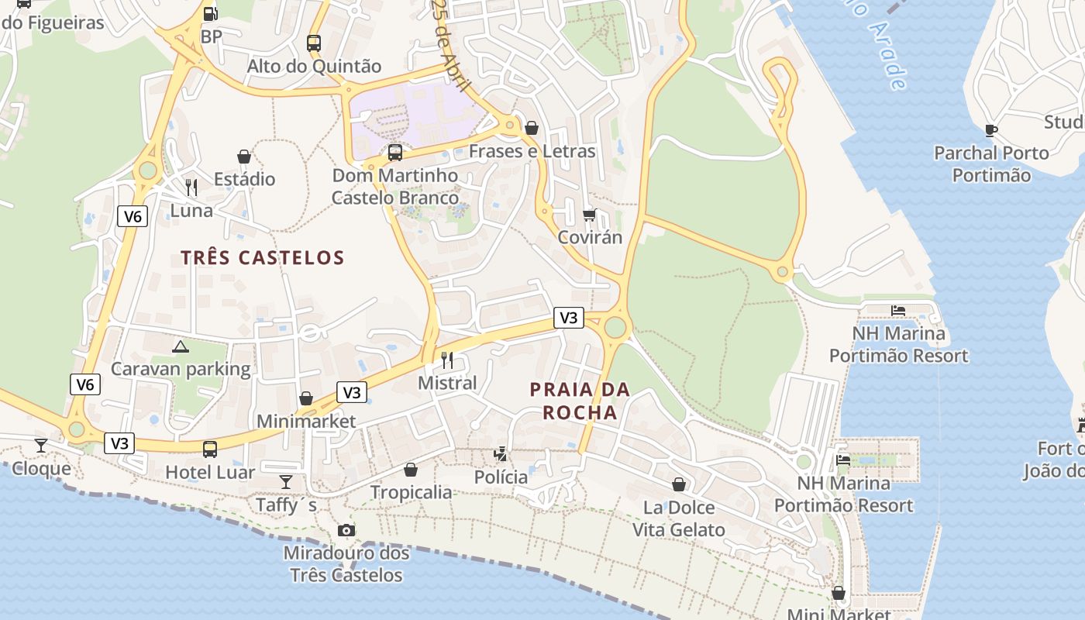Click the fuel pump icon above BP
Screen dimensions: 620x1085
[x=210, y=13]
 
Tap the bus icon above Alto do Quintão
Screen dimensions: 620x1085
[x=314, y=43]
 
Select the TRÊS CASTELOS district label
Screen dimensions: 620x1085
[x=263, y=257]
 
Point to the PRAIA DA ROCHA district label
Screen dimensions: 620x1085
[x=580, y=401]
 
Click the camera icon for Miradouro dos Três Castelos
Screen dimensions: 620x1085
[x=346, y=530]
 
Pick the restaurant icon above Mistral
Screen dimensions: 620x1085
[x=447, y=360]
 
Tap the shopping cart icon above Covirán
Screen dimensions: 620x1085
[x=590, y=215]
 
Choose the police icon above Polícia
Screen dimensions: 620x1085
[x=501, y=453]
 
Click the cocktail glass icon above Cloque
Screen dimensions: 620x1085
[x=41, y=446]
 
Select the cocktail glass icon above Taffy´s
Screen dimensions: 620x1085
[x=286, y=482]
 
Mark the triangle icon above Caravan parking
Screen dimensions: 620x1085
[x=181, y=346]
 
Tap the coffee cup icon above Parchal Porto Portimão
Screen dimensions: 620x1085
[x=991, y=130]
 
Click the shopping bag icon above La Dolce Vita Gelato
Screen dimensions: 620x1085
[x=679, y=484]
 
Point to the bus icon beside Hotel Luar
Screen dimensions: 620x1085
[x=210, y=449]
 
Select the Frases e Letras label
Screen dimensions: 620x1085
[x=532, y=151]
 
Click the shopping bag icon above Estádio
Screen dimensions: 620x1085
[x=244, y=157]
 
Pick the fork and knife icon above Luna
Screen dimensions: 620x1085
[x=191, y=188]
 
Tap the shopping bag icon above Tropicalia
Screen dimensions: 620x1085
[x=411, y=470]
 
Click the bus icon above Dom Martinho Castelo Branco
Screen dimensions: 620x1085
[x=395, y=153]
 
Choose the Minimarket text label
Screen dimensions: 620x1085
[x=306, y=422]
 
